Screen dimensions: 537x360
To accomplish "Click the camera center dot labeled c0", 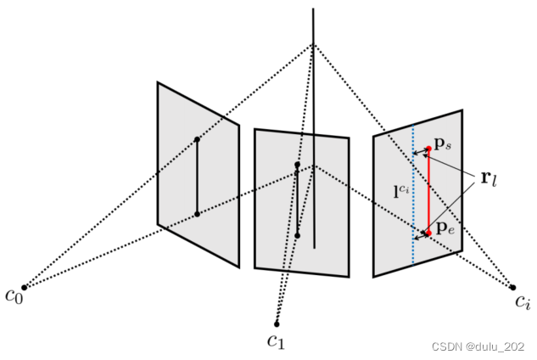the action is pyautogui.click(x=24, y=287).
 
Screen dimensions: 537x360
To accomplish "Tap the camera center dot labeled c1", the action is pyautogui.click(x=277, y=323).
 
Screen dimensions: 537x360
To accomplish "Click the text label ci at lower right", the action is pyautogui.click(x=523, y=301).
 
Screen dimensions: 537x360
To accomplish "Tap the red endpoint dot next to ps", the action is pyautogui.click(x=428, y=149).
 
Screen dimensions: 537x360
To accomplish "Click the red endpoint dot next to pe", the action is pyautogui.click(x=428, y=232).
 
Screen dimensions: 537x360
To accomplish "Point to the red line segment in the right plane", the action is pyautogui.click(x=428, y=191).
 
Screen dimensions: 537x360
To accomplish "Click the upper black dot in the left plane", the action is pyautogui.click(x=197, y=139).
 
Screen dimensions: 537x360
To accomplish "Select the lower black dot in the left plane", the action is pyautogui.click(x=197, y=214).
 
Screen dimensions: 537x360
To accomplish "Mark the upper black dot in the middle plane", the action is pyautogui.click(x=297, y=165).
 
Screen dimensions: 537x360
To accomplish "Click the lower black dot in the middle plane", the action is pyautogui.click(x=297, y=235).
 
